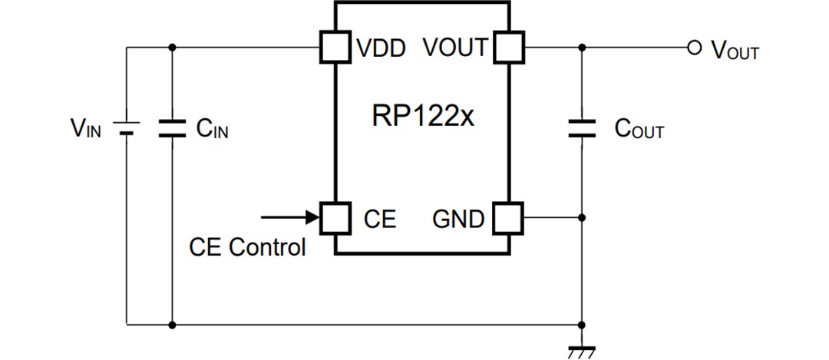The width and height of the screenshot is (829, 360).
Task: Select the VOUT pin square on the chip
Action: pyautogui.click(x=507, y=48)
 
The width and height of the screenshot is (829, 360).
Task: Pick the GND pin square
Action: pyautogui.click(x=507, y=218)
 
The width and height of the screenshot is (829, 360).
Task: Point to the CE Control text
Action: pyautogui.click(x=247, y=247)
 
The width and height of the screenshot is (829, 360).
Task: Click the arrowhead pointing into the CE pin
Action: pyautogui.click(x=313, y=218)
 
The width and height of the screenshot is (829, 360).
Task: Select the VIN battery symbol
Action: pyautogui.click(x=127, y=127)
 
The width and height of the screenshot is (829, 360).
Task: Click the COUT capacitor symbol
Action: pyautogui.click(x=582, y=127)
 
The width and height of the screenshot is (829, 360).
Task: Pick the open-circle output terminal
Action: pyautogui.click(x=695, y=48)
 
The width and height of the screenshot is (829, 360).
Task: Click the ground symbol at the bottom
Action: pyautogui.click(x=582, y=352)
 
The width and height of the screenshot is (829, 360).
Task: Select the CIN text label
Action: pyautogui.click(x=212, y=129)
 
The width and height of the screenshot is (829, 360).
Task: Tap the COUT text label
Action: pyautogui.click(x=639, y=129)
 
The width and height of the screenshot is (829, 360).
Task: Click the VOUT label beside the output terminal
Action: pyautogui.click(x=735, y=51)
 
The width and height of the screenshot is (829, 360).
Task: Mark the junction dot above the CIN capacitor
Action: pyautogui.click(x=171, y=48)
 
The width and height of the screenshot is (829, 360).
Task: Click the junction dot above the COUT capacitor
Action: pyautogui.click(x=582, y=48)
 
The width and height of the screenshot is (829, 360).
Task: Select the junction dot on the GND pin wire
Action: pyautogui.click(x=582, y=218)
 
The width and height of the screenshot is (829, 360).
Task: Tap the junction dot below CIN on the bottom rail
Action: pyautogui.click(x=171, y=325)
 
